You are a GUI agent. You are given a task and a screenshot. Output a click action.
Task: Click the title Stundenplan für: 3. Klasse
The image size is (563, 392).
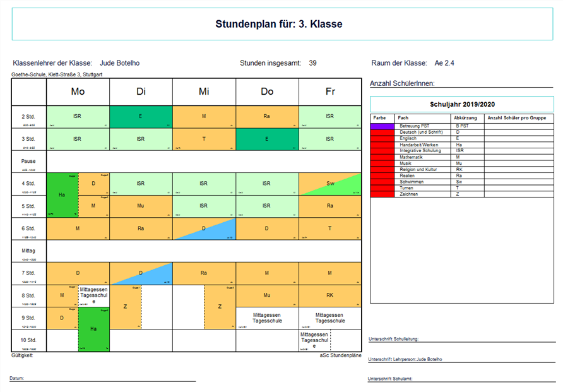tap(278, 25)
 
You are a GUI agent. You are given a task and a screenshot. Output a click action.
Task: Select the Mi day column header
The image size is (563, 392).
tap(204, 92)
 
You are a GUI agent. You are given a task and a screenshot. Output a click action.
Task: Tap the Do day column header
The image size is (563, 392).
tap(267, 92)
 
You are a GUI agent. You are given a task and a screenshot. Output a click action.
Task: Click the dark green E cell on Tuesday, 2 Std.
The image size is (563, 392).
tap(141, 116)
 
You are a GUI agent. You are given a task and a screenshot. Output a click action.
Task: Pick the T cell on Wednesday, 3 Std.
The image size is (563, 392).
tap(204, 139)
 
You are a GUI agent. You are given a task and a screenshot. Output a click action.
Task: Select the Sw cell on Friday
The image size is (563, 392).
tap(330, 184)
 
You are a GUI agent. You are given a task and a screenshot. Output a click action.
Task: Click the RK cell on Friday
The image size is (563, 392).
tap(330, 295)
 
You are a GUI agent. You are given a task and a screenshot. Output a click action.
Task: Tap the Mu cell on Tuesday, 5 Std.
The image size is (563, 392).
tap(141, 206)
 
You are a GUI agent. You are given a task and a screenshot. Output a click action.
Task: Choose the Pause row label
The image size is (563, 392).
tap(28, 162)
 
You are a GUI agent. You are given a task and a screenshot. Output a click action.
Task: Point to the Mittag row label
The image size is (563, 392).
tap(28, 251)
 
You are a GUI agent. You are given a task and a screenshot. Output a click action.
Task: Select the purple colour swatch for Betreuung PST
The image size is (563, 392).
tap(382, 126)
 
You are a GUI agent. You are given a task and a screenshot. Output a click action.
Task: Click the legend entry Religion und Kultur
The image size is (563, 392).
tap(418, 170)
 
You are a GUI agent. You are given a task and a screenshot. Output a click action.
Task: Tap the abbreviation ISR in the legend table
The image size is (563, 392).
tap(459, 151)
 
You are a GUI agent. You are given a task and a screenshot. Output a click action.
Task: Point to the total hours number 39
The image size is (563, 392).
tap(313, 63)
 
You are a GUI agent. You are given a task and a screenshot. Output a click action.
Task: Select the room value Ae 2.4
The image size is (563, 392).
tap(444, 63)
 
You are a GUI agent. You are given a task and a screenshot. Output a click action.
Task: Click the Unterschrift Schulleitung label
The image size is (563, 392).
tap(393, 339)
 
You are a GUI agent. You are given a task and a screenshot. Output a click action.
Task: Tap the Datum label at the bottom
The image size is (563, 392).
tap(17, 378)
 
